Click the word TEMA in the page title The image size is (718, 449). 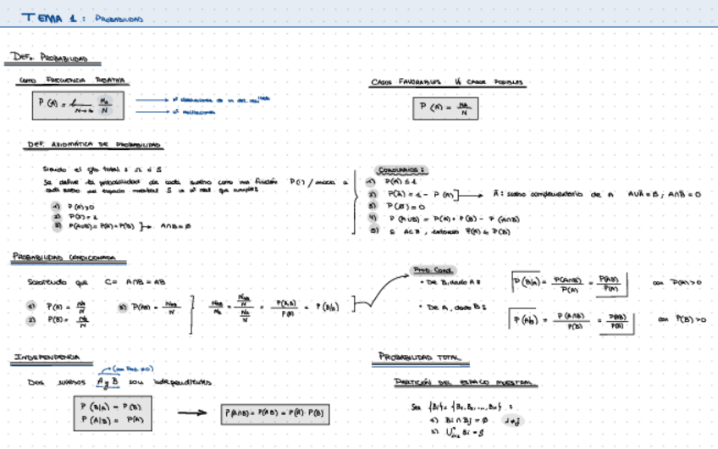41,18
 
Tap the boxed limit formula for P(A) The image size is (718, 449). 75,105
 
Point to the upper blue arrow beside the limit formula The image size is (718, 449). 151,99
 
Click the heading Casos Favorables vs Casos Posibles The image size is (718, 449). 446,83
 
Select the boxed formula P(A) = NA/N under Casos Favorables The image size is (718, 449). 445,108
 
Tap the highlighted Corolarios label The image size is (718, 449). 402,169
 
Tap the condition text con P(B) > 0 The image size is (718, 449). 682,319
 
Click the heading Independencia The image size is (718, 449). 47,358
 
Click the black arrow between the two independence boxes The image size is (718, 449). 192,413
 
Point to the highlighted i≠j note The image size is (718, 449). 511,419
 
